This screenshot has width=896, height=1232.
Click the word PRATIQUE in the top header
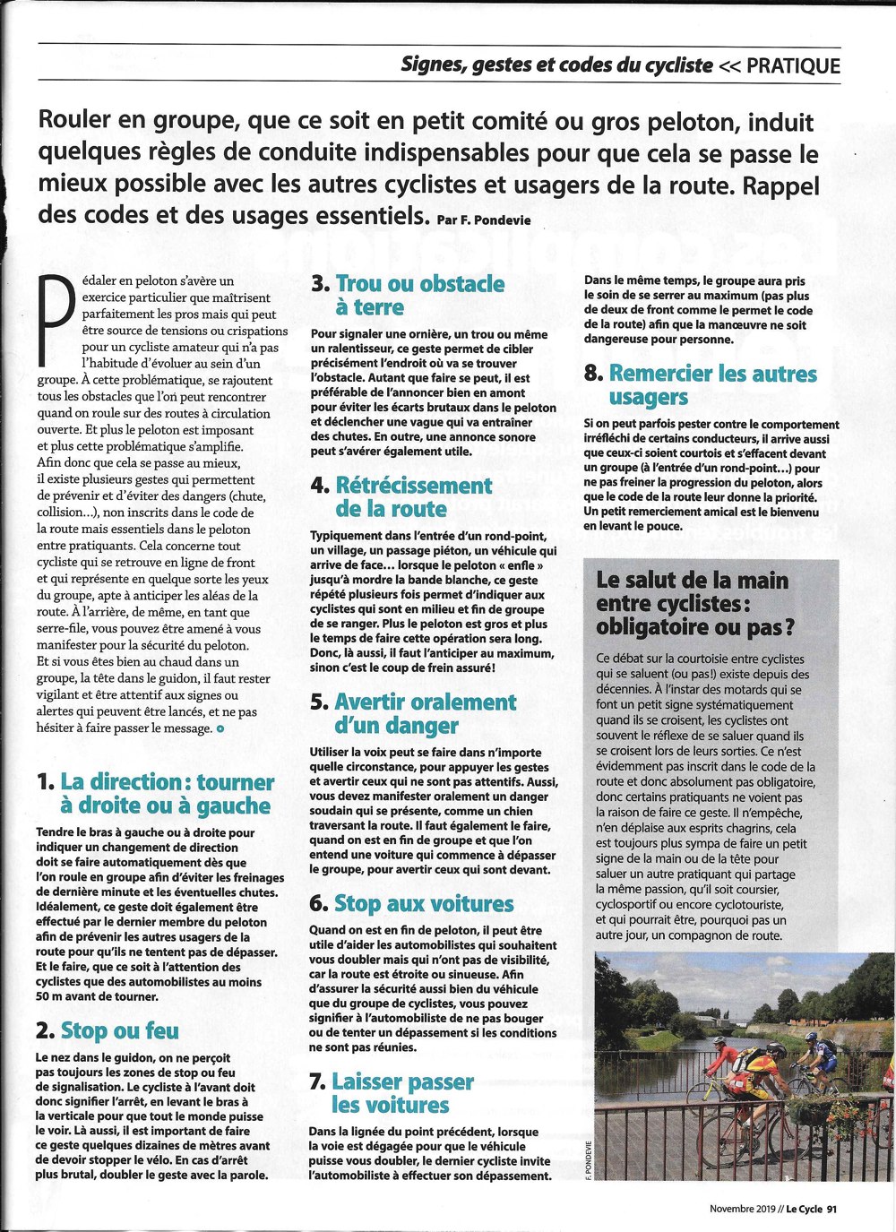(793, 65)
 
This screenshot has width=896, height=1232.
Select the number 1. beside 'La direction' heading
(46, 782)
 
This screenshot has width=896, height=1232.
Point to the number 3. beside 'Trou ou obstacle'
(320, 284)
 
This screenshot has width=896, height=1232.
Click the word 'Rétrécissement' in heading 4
(413, 486)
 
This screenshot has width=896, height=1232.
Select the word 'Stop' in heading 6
(358, 904)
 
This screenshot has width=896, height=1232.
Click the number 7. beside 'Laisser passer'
(317, 1081)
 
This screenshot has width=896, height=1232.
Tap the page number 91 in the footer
(832, 1209)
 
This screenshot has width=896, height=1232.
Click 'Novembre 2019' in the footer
(743, 1209)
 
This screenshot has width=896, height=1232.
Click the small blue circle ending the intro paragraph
(220, 728)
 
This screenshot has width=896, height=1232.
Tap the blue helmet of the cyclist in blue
(812, 1037)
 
